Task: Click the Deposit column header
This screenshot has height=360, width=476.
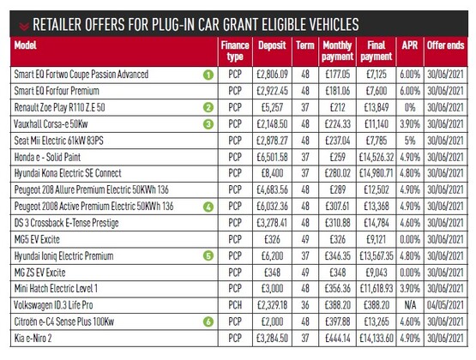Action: [x=272, y=45]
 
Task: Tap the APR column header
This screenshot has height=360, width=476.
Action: [x=410, y=45]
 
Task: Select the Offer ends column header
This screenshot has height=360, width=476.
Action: [x=446, y=45]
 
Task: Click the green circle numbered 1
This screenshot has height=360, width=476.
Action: [x=208, y=75]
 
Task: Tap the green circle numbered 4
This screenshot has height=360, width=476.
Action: [x=208, y=207]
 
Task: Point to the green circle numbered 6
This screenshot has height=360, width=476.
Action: [x=208, y=321]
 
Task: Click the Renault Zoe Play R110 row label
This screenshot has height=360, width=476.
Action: [x=59, y=107]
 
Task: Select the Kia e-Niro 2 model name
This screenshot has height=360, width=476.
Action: [x=33, y=338]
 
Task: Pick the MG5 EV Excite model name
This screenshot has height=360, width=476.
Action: [x=37, y=240]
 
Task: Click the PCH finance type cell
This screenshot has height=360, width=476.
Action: [x=235, y=305]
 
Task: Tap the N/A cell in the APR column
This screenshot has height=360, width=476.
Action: [x=410, y=305]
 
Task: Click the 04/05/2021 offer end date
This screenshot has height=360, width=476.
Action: [x=446, y=305]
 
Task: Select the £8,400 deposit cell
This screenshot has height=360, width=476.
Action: [x=272, y=173]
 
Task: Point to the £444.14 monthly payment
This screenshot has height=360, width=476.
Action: [x=338, y=338]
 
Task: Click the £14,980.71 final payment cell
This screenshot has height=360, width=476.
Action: [x=377, y=173]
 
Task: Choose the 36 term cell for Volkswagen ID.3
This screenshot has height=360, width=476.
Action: [x=305, y=305]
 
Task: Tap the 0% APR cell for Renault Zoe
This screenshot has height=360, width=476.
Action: [x=410, y=107]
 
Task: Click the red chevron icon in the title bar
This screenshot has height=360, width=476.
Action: [x=24, y=26]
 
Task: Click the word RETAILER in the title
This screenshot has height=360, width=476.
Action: [x=57, y=25]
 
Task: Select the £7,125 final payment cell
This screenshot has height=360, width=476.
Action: [x=377, y=75]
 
